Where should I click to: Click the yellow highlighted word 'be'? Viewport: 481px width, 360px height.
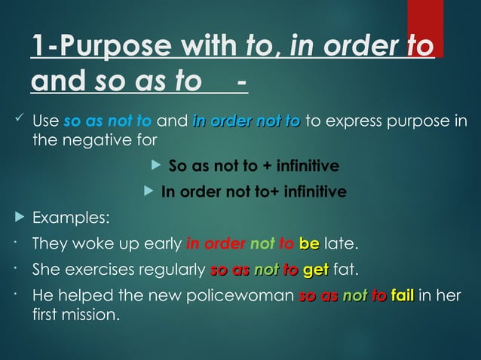click(308, 244)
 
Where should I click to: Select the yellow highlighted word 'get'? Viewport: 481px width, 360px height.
click(315, 269)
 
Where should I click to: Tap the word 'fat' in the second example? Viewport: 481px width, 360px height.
click(344, 269)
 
